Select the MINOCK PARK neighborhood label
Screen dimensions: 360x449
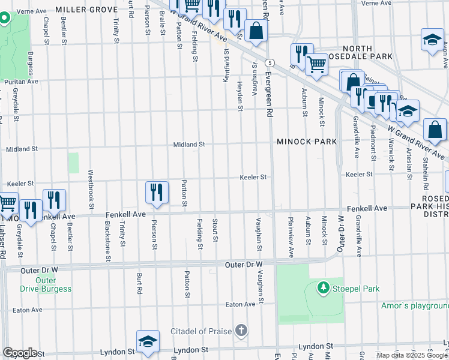click(x=307, y=142)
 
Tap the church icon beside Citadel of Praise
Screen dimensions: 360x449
click(x=241, y=331)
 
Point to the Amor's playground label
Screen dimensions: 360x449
click(x=414, y=305)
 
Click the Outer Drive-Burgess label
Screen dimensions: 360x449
click(x=46, y=284)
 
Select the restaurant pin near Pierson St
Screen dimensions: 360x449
click(x=156, y=193)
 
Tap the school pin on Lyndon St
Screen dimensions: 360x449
click(x=148, y=341)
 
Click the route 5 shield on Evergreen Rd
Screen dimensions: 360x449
click(x=271, y=62)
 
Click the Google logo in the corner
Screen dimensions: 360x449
click(x=19, y=353)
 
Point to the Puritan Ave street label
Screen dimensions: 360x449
click(x=22, y=81)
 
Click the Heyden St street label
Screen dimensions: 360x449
click(x=240, y=97)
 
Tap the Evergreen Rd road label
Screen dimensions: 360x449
click(x=270, y=95)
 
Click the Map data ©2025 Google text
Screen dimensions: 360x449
click(x=411, y=355)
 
